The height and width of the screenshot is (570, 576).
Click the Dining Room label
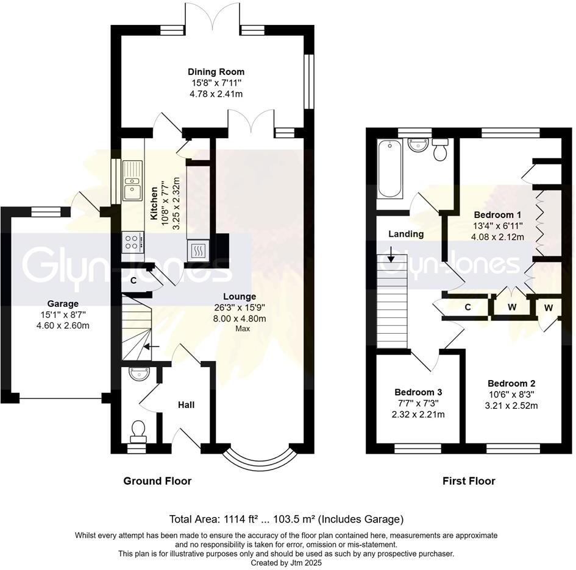(207, 72)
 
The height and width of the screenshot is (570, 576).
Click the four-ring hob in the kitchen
(132, 242)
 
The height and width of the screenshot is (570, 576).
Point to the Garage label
(63, 303)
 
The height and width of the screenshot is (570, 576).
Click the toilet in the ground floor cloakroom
(138, 429)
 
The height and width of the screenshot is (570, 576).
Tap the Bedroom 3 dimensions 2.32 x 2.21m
(418, 415)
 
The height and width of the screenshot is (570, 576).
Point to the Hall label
(186, 404)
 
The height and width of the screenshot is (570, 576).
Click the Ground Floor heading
(157, 481)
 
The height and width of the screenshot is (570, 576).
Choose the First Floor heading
(468, 481)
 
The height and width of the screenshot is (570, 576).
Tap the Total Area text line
(286, 519)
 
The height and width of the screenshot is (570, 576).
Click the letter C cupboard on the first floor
(468, 308)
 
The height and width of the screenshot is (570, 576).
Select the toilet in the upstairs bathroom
(441, 150)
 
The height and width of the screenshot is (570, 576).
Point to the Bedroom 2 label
(511, 384)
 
